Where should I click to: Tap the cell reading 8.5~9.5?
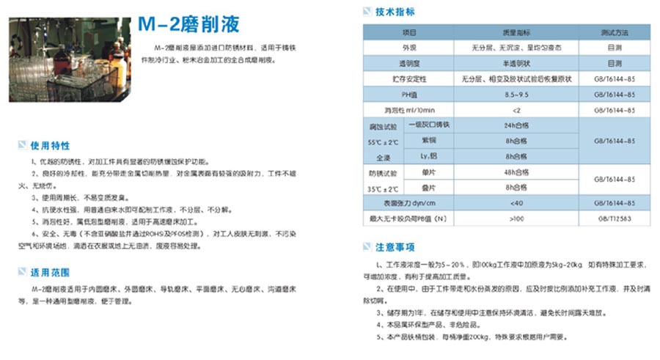point(516,95)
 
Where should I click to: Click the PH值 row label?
point(408,95)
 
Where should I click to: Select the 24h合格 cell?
point(516,125)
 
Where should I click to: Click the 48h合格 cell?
point(516,172)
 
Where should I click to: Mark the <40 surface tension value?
point(516,203)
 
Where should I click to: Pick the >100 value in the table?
point(516,218)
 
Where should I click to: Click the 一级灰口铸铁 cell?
point(427,125)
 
